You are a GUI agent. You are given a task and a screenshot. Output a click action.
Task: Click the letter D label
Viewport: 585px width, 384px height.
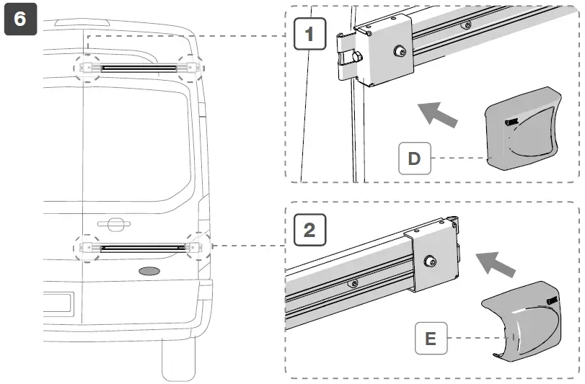tap(414, 158)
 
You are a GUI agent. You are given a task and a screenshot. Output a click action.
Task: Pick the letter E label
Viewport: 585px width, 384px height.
tap(431, 338)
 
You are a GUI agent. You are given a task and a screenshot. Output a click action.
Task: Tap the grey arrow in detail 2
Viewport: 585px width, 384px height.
tap(498, 264)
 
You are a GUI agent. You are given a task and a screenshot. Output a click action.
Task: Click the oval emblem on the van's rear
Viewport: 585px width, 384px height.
tap(151, 272)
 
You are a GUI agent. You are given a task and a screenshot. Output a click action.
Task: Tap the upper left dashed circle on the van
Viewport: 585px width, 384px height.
tap(87, 67)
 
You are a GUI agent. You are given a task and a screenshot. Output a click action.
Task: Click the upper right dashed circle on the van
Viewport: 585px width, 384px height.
tap(190, 67)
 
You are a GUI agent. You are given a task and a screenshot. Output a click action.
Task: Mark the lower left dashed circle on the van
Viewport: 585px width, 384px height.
tap(87, 247)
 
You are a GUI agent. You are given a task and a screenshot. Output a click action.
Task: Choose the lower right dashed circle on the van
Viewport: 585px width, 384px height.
tap(197, 246)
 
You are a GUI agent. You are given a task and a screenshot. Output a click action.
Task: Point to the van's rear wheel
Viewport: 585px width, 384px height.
tap(178, 360)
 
